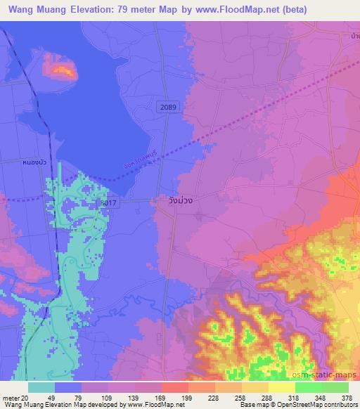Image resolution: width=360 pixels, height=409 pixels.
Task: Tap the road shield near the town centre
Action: point(108,202)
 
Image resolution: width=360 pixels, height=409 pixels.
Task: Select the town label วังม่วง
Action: point(180,200)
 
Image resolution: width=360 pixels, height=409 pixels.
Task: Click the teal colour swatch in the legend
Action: point(41,387)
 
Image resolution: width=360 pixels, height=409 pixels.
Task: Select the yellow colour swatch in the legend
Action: point(281,387)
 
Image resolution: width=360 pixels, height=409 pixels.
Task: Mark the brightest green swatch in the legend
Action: point(335,387)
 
